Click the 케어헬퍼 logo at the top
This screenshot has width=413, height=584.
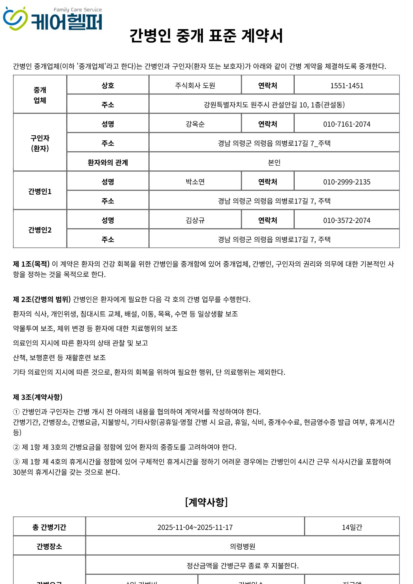coord(53,19)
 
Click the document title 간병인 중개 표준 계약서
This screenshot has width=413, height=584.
coord(206,36)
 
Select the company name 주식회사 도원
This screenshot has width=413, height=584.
coord(195,86)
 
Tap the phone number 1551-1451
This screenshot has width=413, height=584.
coord(347,86)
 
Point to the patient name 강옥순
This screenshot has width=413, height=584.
coord(195,124)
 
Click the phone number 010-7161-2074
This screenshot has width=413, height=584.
coord(347,124)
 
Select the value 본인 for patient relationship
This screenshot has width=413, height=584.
coord(274,163)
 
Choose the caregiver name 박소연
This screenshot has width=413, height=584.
coord(195,182)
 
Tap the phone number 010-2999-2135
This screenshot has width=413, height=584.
coord(347,182)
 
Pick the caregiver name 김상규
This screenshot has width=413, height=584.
coord(195,220)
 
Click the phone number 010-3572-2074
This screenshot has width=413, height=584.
coord(347,220)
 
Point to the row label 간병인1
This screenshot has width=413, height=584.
coord(40,191)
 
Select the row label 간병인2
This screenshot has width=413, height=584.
coord(40,230)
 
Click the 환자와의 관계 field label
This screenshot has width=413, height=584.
coord(108,163)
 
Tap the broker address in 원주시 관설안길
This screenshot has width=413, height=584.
coord(274,105)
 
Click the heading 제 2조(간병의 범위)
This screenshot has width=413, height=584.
coord(42,299)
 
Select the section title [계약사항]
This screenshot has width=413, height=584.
coord(206,502)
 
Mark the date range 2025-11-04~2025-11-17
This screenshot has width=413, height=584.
coord(195,527)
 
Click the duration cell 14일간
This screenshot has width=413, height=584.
coord(352,527)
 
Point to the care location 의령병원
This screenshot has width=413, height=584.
coord(242,546)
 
